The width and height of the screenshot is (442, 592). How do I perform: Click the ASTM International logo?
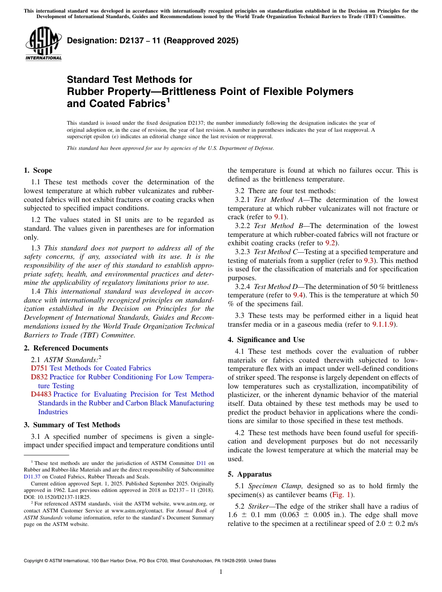coord(43,45)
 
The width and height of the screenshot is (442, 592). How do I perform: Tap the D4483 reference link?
coord(41,394)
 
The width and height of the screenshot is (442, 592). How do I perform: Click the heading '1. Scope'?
coord(38,170)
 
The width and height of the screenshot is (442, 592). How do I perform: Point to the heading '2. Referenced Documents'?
coord(66,348)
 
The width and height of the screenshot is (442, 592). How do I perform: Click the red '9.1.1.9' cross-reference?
coord(383,324)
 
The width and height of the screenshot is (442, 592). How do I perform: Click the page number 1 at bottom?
coord(221,572)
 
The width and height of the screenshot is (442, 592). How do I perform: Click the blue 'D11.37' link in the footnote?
coord(33,477)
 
